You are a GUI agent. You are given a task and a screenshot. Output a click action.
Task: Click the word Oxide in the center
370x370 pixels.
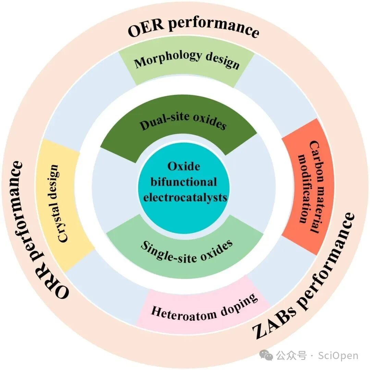point(184,166)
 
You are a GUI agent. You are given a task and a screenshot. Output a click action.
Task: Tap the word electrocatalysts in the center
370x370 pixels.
point(185,197)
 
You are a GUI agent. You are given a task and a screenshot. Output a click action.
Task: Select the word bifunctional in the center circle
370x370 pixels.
point(184,182)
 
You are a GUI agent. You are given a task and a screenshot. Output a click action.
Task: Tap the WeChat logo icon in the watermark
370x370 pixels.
point(266,355)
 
